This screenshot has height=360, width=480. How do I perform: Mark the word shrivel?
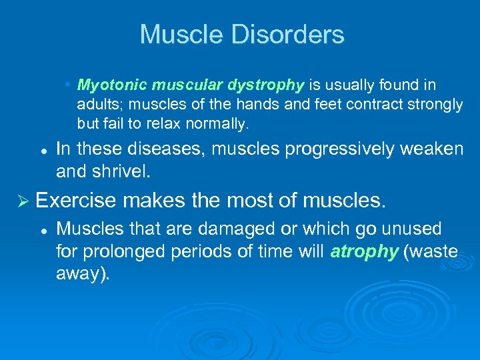[x=125, y=171]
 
